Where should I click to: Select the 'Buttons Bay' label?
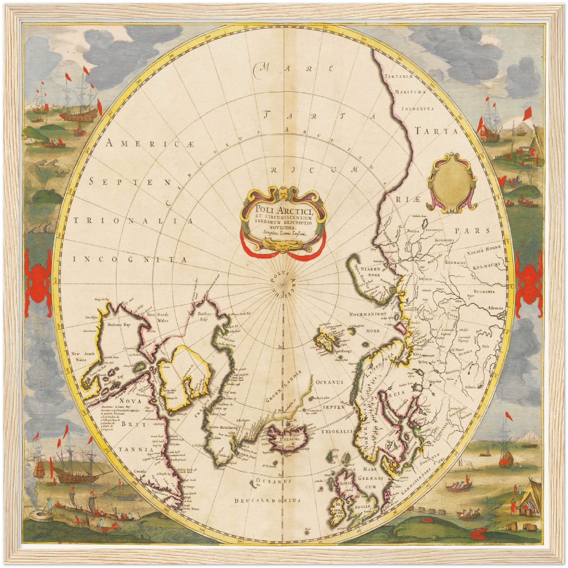pyautogui.click(x=118, y=325)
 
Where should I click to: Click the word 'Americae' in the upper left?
pyautogui.click(x=150, y=144)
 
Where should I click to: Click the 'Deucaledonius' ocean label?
pyautogui.click(x=267, y=500)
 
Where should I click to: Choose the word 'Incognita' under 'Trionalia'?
pyautogui.click(x=129, y=259)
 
